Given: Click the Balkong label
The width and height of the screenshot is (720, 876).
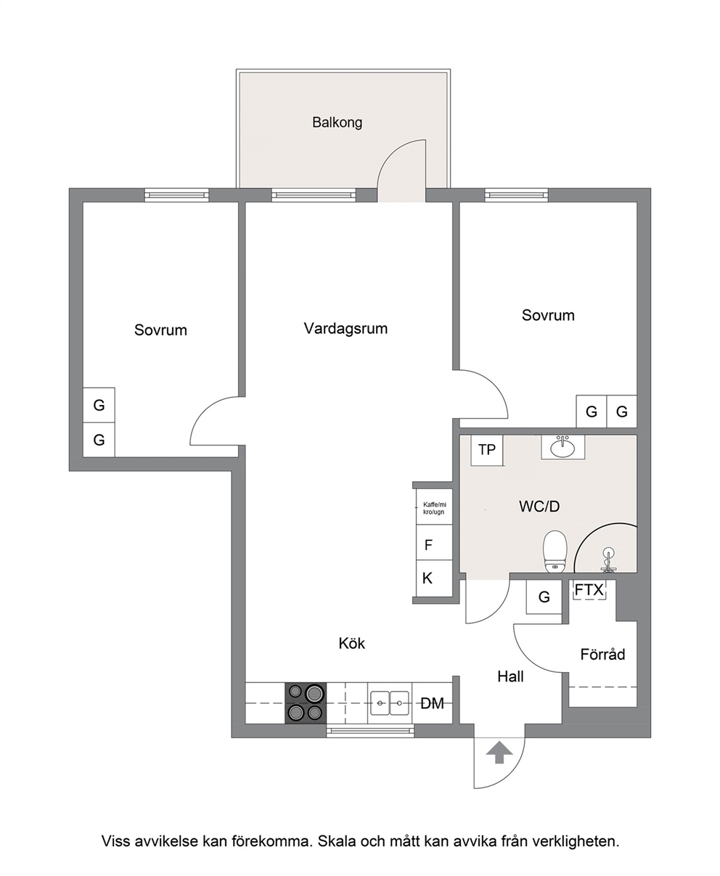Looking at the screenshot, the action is click(337, 123).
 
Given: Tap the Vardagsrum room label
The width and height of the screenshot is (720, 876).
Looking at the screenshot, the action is click(345, 329).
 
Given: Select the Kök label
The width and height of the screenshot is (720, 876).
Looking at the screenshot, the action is click(351, 644).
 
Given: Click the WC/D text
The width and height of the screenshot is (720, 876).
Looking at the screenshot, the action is click(539, 507).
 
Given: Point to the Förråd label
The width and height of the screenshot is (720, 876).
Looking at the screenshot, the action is click(602, 654).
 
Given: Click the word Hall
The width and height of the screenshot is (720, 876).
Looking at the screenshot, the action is click(511, 676).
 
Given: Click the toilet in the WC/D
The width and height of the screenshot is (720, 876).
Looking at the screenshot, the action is click(555, 551).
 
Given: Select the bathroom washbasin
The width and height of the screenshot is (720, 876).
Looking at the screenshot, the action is click(562, 448).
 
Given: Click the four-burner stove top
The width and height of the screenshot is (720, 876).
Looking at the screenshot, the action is click(306, 703).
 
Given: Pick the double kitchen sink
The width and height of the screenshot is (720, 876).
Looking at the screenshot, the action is click(390, 703).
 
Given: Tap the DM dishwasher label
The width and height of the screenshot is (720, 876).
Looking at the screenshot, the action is click(432, 703).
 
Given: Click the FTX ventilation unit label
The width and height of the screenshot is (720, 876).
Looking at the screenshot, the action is click(589, 590).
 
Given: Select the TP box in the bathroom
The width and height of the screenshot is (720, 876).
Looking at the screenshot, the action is click(486, 449).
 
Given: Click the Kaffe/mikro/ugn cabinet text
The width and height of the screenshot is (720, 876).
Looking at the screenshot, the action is click(434, 509).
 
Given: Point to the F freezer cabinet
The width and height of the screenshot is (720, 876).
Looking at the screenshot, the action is click(434, 542).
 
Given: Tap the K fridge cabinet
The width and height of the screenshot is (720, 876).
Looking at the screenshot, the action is click(434, 578).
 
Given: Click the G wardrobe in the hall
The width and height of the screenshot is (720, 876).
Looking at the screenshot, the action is click(544, 597).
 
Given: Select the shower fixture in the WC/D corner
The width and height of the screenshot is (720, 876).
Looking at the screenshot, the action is click(607, 559).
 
